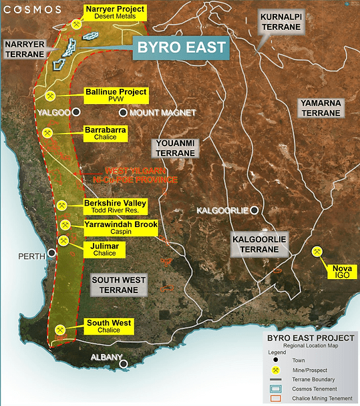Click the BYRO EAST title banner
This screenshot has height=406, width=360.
pos(180,48)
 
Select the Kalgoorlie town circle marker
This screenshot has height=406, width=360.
pos(254,210)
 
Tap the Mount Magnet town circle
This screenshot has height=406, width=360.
pos(122,113)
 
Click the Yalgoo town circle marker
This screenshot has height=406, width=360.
pos(77,113)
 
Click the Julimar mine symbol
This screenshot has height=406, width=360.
pos(64,240)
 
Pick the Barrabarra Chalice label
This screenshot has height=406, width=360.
pos(101,133)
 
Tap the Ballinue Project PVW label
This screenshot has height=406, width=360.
pos(116,95)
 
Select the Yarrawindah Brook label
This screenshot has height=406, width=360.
pos(121,228)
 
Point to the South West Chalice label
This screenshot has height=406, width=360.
pos(109,327)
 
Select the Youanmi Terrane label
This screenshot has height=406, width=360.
pos(176,148)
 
